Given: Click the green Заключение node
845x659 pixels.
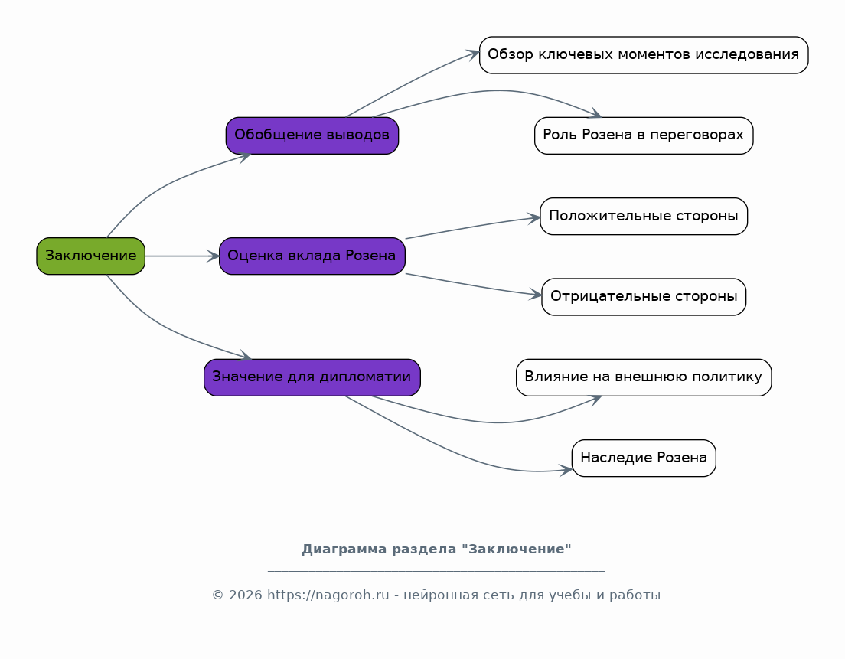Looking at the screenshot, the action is (x=90, y=256).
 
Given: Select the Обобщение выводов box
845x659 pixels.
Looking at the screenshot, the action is (x=312, y=135).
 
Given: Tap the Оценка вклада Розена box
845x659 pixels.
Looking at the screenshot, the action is (x=312, y=256).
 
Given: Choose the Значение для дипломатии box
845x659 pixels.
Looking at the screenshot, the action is (x=312, y=377).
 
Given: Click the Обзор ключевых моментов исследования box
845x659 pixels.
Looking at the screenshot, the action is (x=644, y=55).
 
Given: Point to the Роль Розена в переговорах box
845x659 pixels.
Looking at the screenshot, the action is (x=644, y=135).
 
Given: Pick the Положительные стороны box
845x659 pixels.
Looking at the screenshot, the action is (x=644, y=216).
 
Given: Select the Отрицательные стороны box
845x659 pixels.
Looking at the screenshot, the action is (x=644, y=297).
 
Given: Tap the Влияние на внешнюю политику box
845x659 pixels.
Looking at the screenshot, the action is (x=644, y=377).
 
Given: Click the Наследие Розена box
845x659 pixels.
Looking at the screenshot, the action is (x=644, y=458).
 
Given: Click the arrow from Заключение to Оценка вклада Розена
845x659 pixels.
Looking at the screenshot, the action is (x=182, y=256).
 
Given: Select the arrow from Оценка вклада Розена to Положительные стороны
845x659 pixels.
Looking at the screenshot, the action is (x=472, y=227).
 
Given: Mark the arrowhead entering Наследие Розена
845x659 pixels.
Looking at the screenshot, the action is (x=566, y=471).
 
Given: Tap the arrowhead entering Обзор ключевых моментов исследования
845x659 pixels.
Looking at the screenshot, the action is (x=473, y=54).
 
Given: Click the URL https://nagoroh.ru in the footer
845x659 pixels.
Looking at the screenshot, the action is (x=328, y=595).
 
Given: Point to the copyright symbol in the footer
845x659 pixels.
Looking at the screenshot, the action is (x=217, y=595).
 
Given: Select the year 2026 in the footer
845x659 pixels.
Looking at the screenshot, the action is (x=245, y=595).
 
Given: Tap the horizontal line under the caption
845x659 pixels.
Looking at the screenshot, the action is (x=436, y=570).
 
